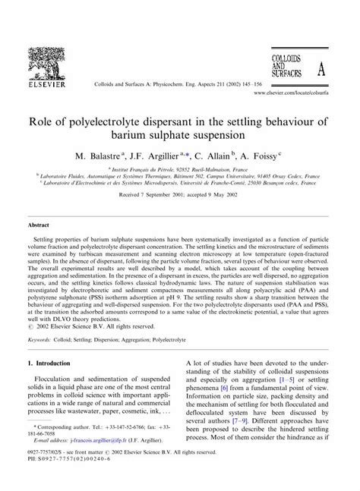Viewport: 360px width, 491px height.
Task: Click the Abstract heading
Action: point(39,225)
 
